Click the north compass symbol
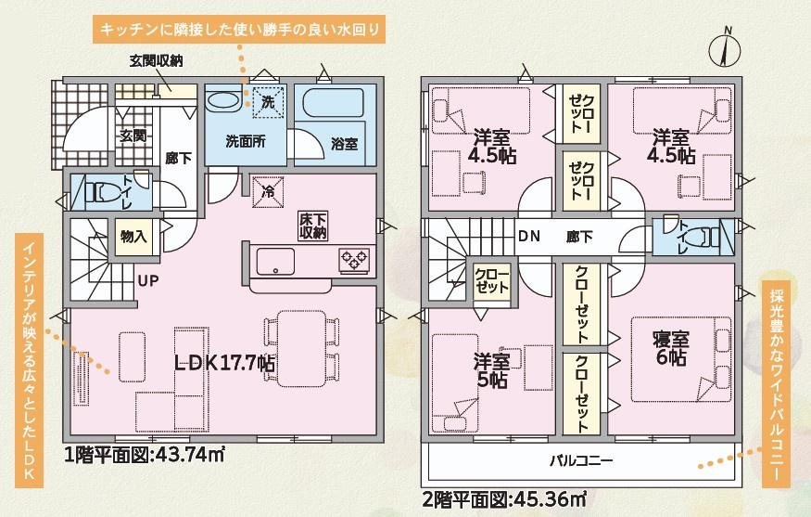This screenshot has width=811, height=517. pyautogui.click(x=724, y=50)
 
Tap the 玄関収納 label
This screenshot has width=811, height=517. pyautogui.click(x=156, y=61)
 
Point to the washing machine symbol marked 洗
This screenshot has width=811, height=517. pyautogui.click(x=268, y=102)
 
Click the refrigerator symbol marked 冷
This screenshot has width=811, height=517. pyautogui.click(x=268, y=192)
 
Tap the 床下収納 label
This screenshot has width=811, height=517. pyautogui.click(x=313, y=226)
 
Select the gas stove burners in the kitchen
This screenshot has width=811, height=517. pyautogui.click(x=354, y=259)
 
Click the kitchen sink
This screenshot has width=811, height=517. pyautogui.click(x=275, y=261)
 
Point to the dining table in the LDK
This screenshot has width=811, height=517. pyautogui.click(x=301, y=348)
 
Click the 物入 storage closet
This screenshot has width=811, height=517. pyautogui.click(x=134, y=237)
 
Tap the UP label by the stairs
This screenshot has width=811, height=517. pyautogui.click(x=148, y=280)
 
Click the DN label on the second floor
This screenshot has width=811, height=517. pyautogui.click(x=529, y=237)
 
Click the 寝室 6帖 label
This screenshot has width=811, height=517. pyautogui.click(x=671, y=349)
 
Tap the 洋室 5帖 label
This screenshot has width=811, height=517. pyautogui.click(x=492, y=371)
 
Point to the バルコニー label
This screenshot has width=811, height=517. pyautogui.click(x=581, y=460)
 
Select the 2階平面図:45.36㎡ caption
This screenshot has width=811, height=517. pyautogui.click(x=504, y=500)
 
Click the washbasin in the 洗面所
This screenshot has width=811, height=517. pyautogui.click(x=224, y=100)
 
